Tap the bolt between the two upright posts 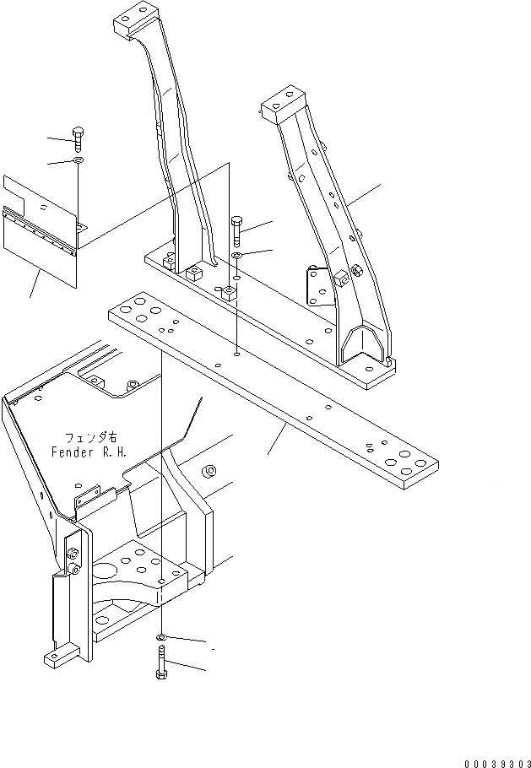(x=237, y=229)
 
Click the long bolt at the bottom (x=161, y=664)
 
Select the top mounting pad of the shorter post (x=283, y=102)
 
